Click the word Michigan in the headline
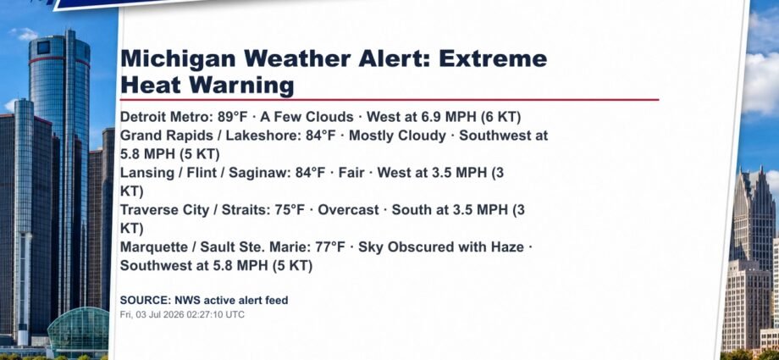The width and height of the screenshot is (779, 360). pos(179,59)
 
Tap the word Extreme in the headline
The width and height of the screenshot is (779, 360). pos(493,58)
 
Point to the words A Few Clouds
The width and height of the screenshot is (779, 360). pos(307,118)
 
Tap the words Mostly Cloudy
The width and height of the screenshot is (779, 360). pos(397,136)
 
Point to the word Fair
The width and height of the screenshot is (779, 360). pos(351,173)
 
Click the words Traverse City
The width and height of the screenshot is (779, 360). pos(164,210)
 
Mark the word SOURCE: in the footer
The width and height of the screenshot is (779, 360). pos(146,301)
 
